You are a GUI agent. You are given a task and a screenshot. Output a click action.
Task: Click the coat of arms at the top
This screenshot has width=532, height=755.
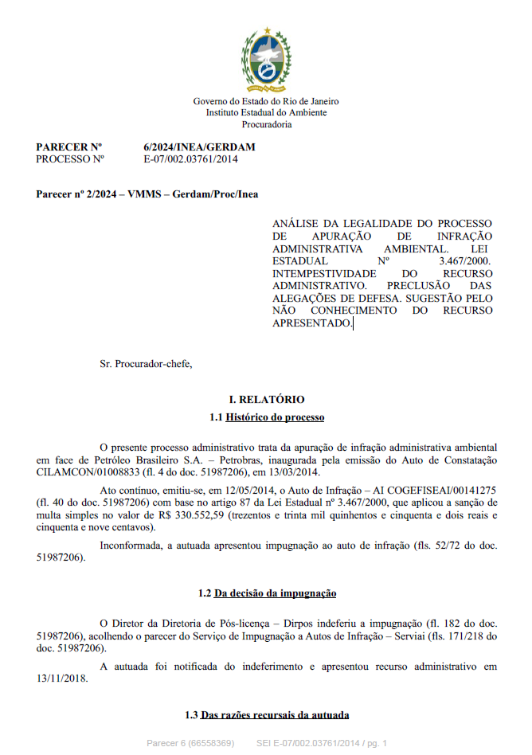(266, 61)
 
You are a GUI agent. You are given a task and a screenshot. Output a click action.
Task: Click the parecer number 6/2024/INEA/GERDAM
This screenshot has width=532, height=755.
(199, 147)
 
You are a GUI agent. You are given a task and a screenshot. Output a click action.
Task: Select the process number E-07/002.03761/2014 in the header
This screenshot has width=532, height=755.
(190, 158)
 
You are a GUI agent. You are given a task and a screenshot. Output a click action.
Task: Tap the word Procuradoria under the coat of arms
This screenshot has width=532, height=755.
(266, 124)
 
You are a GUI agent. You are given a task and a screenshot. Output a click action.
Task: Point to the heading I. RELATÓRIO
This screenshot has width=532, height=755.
(266, 400)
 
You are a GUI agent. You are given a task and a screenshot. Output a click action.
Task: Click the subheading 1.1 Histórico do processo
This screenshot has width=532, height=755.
(266, 417)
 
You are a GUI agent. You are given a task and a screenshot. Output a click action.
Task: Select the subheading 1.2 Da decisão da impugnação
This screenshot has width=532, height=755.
(266, 593)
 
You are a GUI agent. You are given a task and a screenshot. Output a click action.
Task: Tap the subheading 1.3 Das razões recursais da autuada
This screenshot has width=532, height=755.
(266, 715)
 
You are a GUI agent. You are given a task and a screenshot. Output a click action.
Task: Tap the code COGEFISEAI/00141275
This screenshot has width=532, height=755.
(442, 491)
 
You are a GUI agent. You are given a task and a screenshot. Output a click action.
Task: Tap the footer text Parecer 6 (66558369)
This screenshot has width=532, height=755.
(190, 743)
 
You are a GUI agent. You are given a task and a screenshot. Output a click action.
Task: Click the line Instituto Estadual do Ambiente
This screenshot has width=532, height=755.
(266, 113)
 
